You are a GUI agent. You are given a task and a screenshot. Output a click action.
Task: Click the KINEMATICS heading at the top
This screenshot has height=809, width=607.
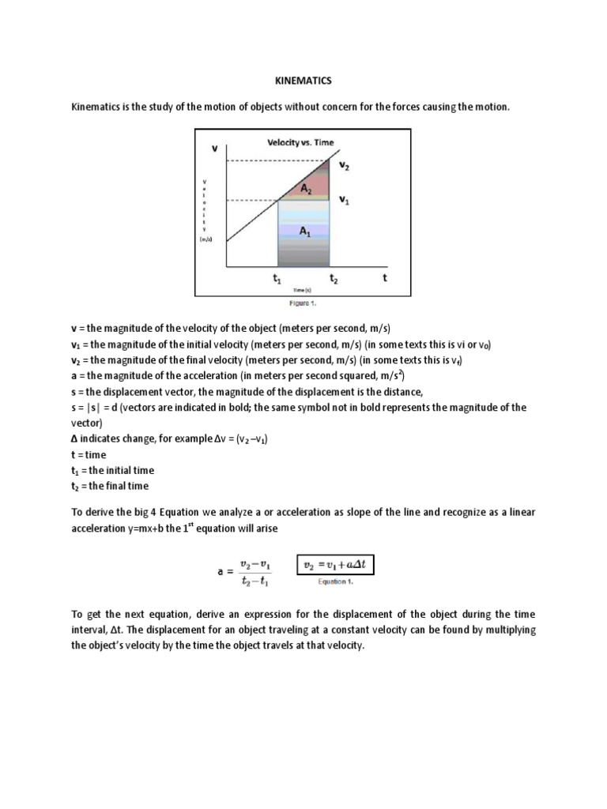pyautogui.click(x=303, y=80)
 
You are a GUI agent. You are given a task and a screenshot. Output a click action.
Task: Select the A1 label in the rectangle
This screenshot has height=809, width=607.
pyautogui.click(x=304, y=231)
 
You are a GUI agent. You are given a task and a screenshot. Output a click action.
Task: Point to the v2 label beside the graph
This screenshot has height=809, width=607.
pyautogui.click(x=345, y=167)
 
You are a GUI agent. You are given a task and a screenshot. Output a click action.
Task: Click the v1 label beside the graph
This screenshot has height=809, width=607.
pyautogui.click(x=345, y=201)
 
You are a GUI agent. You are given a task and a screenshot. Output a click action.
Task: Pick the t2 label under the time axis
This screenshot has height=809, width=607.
pyautogui.click(x=334, y=279)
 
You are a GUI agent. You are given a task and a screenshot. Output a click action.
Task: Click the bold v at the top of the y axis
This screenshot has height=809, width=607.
pyautogui.click(x=214, y=147)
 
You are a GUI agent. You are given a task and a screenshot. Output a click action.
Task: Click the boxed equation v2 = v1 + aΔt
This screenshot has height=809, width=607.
pyautogui.click(x=334, y=566)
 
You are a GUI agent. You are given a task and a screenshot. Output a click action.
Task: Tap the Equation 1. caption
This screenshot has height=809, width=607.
pyautogui.click(x=334, y=582)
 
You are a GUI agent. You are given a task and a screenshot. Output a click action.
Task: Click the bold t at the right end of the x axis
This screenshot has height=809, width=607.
pyautogui.click(x=384, y=278)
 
